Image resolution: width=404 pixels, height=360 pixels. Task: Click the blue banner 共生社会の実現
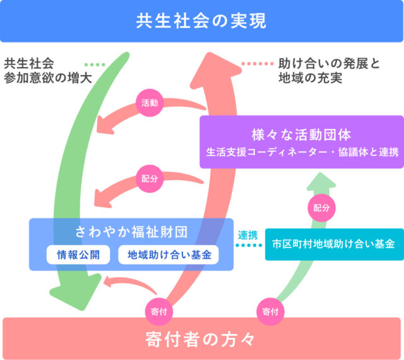[202, 21]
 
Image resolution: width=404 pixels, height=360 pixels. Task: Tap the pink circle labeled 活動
[150, 103]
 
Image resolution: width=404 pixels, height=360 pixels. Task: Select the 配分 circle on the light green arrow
[321, 208]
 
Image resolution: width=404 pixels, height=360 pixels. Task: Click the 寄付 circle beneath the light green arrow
[270, 311]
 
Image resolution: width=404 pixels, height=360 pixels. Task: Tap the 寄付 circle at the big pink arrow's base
[159, 311]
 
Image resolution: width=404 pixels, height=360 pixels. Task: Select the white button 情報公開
[78, 255]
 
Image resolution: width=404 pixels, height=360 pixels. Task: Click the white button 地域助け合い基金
[169, 255]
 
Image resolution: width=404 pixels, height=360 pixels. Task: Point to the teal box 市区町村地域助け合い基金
[335, 244]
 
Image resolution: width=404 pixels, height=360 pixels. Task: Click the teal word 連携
[247, 235]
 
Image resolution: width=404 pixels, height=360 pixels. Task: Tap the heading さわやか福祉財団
[131, 232]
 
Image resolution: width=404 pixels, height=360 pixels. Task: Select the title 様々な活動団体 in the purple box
[302, 135]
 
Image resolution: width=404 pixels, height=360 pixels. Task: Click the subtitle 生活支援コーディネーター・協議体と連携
[302, 152]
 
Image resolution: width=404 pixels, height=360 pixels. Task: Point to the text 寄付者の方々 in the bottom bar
[201, 339]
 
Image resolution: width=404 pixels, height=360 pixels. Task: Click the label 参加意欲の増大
[48, 78]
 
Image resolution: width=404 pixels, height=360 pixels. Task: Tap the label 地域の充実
[311, 78]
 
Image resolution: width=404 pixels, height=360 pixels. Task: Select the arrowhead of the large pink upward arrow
[215, 69]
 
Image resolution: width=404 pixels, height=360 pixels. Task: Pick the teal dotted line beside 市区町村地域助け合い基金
[249, 245]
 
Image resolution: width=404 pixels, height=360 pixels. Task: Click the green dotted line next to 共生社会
[95, 64]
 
